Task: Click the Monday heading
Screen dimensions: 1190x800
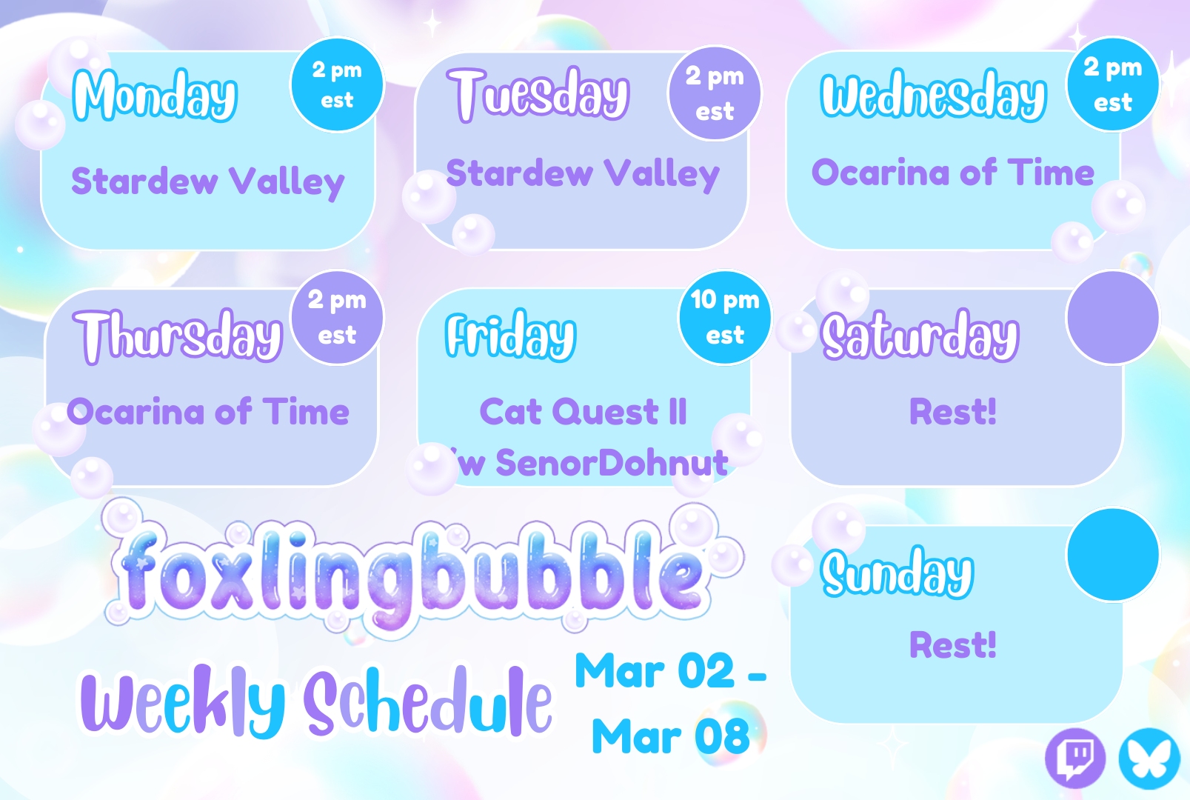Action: [155, 96]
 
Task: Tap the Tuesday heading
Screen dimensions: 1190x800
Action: [538, 95]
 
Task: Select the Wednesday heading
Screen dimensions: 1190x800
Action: [933, 95]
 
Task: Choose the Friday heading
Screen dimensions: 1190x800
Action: [510, 335]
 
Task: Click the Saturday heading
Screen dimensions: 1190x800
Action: [920, 335]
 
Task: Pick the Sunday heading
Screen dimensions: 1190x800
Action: [897, 573]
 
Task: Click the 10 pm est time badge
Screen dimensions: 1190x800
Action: [725, 317]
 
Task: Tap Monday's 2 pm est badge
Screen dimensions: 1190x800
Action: [337, 84]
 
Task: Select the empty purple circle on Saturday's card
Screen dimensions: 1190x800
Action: [1112, 317]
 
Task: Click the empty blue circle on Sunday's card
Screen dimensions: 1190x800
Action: [1112, 554]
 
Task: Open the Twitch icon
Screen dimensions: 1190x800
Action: [1075, 758]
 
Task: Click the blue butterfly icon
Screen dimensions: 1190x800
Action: [1149, 758]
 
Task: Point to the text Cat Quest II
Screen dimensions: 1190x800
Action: [584, 412]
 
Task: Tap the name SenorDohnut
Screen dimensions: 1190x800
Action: [612, 462]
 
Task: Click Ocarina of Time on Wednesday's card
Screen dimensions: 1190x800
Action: [953, 173]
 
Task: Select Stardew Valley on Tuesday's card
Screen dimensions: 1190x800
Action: [583, 174]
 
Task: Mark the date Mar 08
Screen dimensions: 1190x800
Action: [671, 736]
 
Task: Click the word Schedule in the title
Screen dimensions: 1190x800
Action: [429, 701]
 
